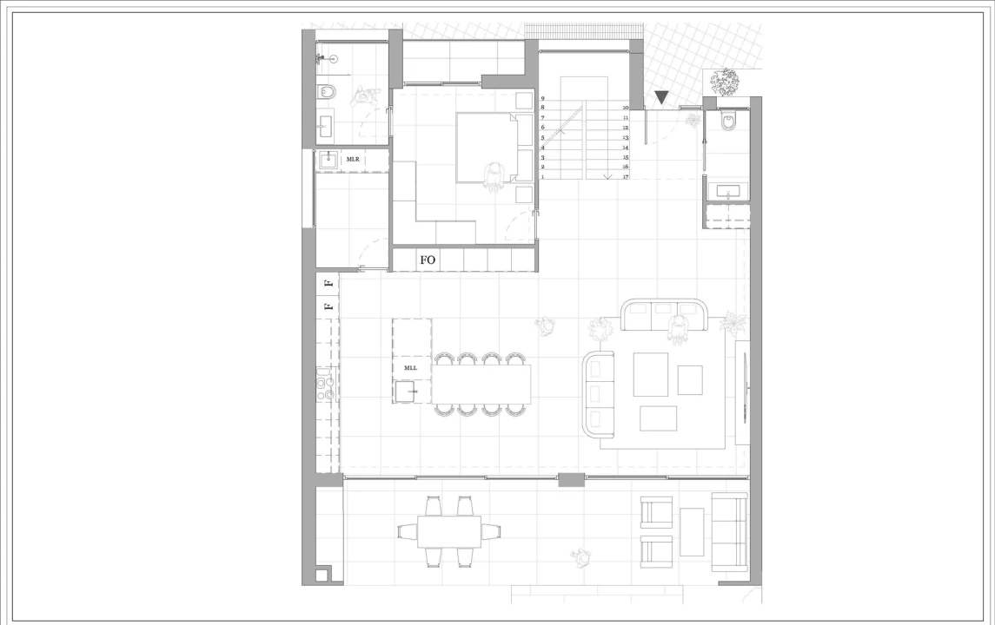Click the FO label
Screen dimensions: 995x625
(428, 260)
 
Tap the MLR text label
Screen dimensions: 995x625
(353, 159)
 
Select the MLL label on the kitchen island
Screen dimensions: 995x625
(410, 368)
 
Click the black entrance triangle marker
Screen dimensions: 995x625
(661, 97)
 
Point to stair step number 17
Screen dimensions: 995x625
(626, 177)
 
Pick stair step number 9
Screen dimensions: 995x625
(542, 99)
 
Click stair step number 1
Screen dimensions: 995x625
(542, 177)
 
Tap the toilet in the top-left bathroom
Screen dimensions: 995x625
(327, 93)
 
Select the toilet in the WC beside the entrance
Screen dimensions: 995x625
(728, 121)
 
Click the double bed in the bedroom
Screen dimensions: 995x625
(494, 148)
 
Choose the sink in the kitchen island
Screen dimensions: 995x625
(406, 391)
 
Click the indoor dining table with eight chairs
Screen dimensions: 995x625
(482, 385)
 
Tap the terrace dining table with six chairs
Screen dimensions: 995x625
(448, 531)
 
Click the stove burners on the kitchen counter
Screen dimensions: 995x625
(325, 389)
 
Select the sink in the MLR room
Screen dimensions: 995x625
(328, 161)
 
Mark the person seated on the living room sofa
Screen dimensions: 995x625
(679, 330)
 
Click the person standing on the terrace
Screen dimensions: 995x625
(580, 558)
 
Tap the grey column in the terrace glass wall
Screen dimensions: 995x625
(571, 480)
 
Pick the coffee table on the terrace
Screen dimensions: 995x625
(692, 532)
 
